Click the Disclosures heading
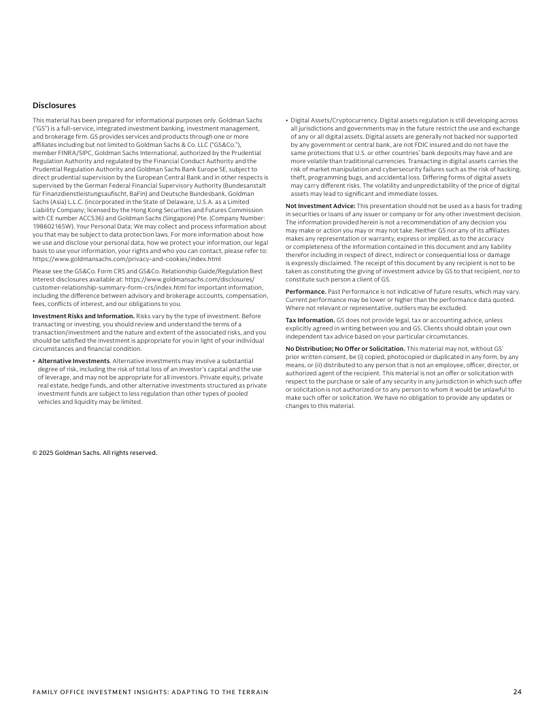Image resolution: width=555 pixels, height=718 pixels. coord(54,105)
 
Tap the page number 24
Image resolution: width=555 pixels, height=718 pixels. coord(518,692)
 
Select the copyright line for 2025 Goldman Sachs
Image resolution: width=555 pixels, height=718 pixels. coord(95,452)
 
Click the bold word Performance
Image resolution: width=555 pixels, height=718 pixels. coord(305,291)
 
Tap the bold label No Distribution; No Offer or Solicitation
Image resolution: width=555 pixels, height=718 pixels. coord(346,348)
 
